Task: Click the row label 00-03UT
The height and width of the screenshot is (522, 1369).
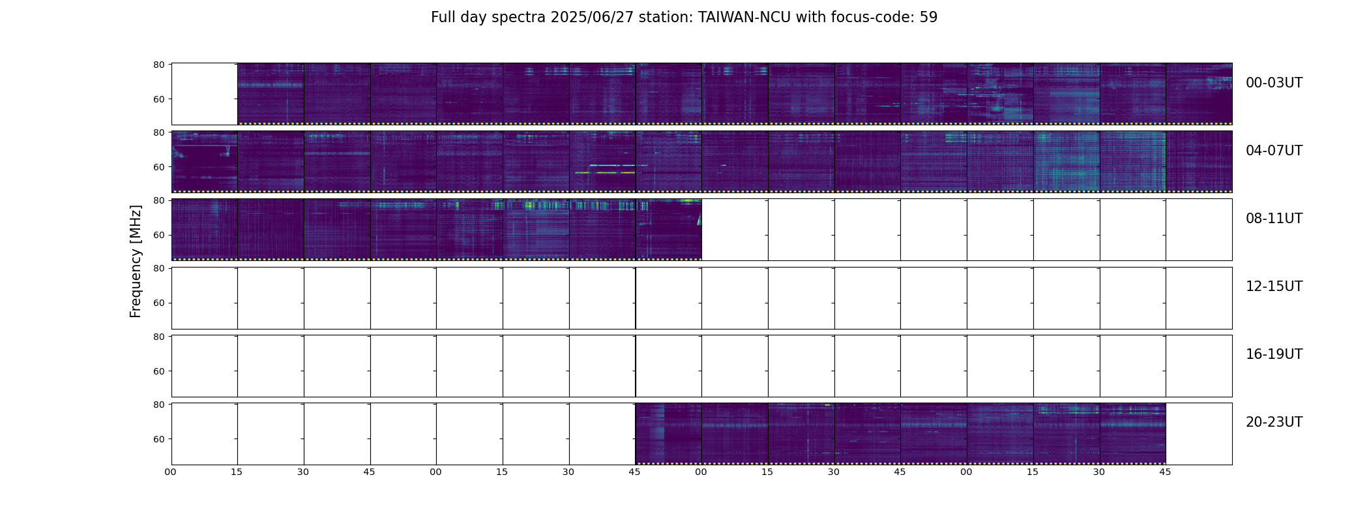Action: pyautogui.click(x=1274, y=83)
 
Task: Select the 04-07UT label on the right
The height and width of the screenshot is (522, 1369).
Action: pyautogui.click(x=1274, y=151)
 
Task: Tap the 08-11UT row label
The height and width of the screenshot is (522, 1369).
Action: pyautogui.click(x=1274, y=219)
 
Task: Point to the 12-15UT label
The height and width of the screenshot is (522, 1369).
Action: pyautogui.click(x=1274, y=286)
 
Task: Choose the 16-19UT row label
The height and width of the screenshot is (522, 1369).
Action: pyautogui.click(x=1274, y=354)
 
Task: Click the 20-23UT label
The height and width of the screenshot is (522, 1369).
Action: pyautogui.click(x=1274, y=422)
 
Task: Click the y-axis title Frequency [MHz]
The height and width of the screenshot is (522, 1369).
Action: pyautogui.click(x=136, y=261)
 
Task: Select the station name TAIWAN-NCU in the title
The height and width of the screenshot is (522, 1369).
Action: pyautogui.click(x=744, y=18)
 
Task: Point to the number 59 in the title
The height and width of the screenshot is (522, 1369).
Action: pyautogui.click(x=929, y=18)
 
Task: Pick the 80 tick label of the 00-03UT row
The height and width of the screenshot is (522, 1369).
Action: pyautogui.click(x=158, y=65)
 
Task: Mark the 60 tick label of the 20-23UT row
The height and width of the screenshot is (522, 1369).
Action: pyautogui.click(x=158, y=439)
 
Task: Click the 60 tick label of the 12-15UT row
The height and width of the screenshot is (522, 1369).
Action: pyautogui.click(x=158, y=303)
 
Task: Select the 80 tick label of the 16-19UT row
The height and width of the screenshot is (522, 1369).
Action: pyautogui.click(x=158, y=337)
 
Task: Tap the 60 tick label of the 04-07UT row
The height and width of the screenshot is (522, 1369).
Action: pyautogui.click(x=158, y=167)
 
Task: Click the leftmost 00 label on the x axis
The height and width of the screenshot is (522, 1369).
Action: pyautogui.click(x=170, y=472)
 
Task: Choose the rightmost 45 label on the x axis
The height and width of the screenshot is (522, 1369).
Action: pyautogui.click(x=1165, y=472)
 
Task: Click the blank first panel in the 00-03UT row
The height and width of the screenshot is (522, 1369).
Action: pyautogui.click(x=204, y=94)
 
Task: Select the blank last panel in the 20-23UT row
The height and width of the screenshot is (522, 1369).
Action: pyautogui.click(x=1199, y=434)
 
